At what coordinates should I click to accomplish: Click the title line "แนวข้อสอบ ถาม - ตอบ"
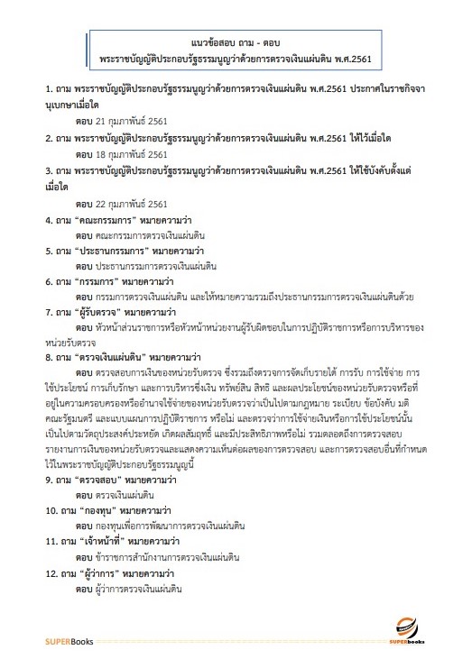click(x=236, y=42)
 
